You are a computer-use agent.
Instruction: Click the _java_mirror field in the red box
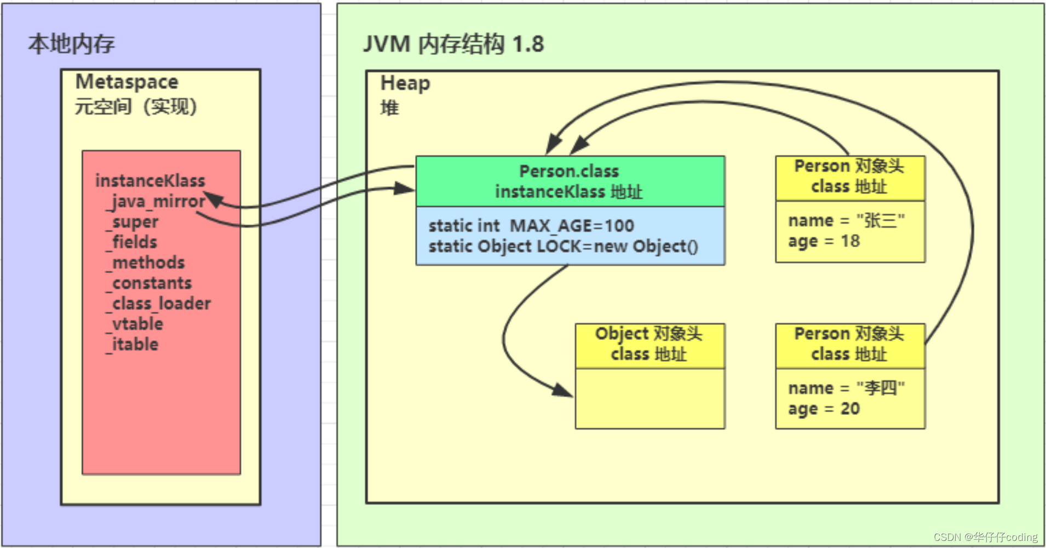[156, 202]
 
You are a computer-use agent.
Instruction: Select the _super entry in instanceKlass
[133, 222]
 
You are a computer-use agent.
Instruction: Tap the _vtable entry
[135, 324]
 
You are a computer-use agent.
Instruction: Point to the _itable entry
[133, 344]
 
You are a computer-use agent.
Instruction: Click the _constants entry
[149, 283]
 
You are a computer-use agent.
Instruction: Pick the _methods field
[146, 263]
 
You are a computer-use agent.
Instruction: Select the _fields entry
[132, 242]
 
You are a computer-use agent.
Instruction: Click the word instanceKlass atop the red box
[150, 181]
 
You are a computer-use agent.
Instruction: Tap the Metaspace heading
[127, 82]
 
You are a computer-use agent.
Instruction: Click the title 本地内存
[72, 44]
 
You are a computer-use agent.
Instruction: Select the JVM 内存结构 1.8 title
[454, 44]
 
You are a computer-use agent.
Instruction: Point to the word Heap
[405, 83]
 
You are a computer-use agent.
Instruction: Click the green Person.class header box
[570, 181]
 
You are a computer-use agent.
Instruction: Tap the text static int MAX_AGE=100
[531, 226]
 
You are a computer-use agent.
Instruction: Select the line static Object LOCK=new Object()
[564, 247]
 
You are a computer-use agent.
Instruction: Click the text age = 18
[824, 241]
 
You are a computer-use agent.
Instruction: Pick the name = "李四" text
[847, 388]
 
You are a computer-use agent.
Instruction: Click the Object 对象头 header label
[649, 334]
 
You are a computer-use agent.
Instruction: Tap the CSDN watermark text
[986, 537]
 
